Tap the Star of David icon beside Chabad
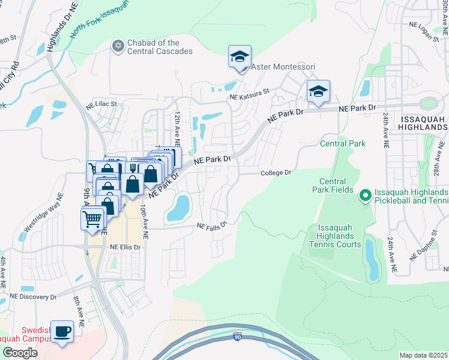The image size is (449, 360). pyautogui.click(x=118, y=46)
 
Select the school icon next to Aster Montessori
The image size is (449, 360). pyautogui.click(x=240, y=58)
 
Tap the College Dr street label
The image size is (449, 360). pyautogui.click(x=276, y=173)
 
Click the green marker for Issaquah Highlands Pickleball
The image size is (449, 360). pyautogui.click(x=364, y=195)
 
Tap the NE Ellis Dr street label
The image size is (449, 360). pyautogui.click(x=125, y=247)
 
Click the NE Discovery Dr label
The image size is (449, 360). pyautogui.click(x=33, y=296)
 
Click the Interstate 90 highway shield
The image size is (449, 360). pyautogui.click(x=238, y=337)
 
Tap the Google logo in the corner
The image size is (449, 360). pyautogui.click(x=20, y=353)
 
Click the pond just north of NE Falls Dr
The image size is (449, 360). pyautogui.click(x=178, y=207)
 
